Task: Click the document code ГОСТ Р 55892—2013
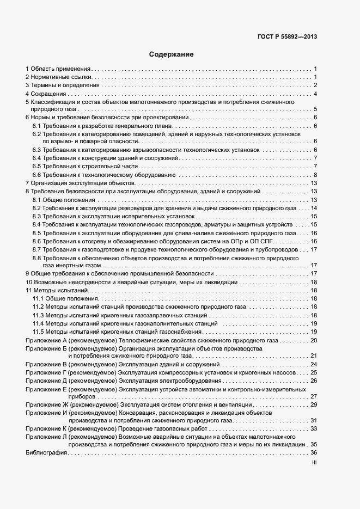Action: (x=287, y=37)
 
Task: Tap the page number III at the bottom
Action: (x=314, y=463)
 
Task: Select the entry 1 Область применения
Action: (x=58, y=69)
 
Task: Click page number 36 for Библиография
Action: (x=314, y=453)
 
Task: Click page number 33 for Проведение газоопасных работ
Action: (x=314, y=428)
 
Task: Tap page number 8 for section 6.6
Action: (x=315, y=175)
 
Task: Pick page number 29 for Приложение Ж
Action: (x=314, y=404)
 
